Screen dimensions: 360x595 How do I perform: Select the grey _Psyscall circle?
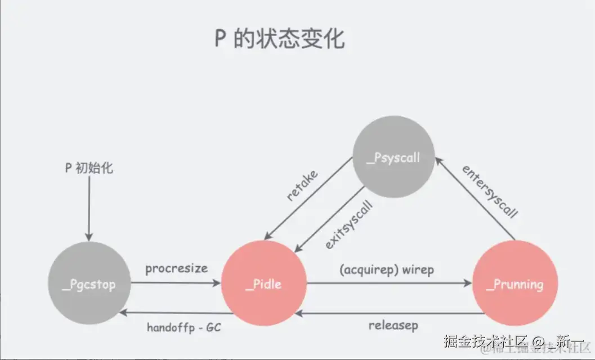coord(393,157)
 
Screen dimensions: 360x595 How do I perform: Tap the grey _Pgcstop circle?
coord(90,285)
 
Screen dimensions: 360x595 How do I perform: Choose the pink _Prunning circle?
coord(515,284)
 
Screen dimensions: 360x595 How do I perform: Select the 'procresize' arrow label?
coord(176,269)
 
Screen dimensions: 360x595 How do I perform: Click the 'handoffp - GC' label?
coord(184,327)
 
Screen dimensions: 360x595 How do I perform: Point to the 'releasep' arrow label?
coord(393,325)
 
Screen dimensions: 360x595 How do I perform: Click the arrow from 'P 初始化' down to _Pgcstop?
coord(88,208)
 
